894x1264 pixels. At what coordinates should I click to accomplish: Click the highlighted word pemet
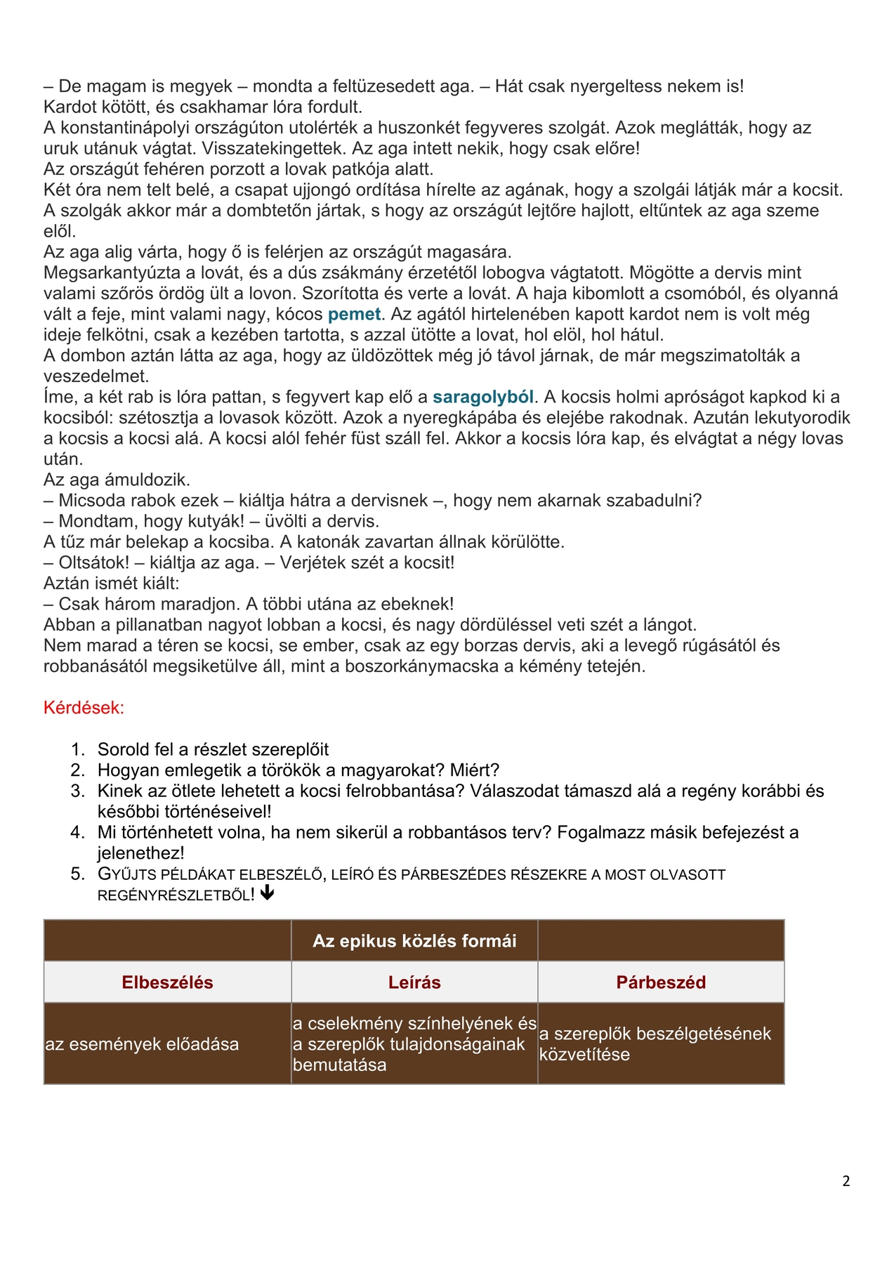click(x=354, y=314)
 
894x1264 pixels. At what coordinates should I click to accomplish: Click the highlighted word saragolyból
click(x=483, y=397)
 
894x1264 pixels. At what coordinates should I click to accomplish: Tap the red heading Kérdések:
click(x=84, y=707)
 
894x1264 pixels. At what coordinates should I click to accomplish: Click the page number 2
click(x=846, y=1181)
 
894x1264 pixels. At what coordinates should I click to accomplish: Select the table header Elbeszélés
click(x=167, y=982)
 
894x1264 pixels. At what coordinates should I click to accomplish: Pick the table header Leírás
click(x=414, y=982)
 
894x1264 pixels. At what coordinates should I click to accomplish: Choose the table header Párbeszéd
click(x=661, y=982)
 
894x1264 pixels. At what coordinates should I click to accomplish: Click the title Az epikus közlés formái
click(x=414, y=941)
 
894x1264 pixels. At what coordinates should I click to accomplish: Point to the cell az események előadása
click(x=142, y=1044)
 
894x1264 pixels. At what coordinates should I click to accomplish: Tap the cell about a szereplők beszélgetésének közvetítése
click(x=655, y=1044)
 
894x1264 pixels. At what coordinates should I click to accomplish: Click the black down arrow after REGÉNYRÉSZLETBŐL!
click(x=267, y=893)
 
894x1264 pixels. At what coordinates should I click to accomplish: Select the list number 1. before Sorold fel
click(x=78, y=749)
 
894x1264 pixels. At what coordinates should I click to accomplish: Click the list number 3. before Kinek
click(x=78, y=791)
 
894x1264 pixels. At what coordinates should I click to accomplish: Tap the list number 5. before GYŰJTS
click(x=78, y=874)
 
